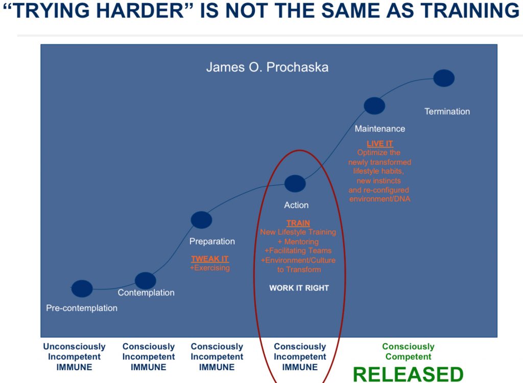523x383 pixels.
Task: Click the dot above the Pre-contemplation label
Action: (82, 288)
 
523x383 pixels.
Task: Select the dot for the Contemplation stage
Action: (145, 281)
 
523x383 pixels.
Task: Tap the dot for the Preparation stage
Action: (201, 220)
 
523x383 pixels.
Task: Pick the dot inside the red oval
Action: (295, 184)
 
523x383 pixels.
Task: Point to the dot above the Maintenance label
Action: (374, 106)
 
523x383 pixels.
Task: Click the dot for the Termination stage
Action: (444, 78)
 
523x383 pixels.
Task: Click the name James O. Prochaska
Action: (267, 67)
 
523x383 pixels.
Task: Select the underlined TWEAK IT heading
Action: (210, 259)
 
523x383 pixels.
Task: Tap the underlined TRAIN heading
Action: (298, 223)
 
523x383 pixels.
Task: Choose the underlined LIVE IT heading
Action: (380, 144)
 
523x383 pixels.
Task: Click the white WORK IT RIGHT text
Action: (299, 288)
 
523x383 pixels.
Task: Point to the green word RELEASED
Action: (408, 374)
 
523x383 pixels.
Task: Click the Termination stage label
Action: (447, 111)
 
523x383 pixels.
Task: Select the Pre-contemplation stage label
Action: (82, 308)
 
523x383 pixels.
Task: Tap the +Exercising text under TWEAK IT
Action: (210, 268)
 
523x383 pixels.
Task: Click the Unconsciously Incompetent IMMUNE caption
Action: (74, 356)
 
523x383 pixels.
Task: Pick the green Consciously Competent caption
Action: (408, 352)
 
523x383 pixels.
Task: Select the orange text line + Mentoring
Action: (298, 241)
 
